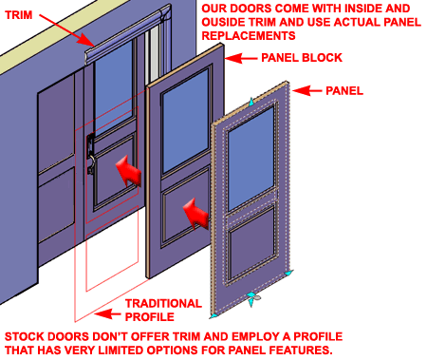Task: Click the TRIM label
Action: point(19,15)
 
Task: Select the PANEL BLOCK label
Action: point(302,58)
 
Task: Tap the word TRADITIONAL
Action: point(163,303)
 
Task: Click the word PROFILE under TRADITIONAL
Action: point(150,316)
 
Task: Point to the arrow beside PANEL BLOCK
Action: point(240,58)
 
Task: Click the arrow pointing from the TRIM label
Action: point(67,30)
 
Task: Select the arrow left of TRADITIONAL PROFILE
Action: point(107,314)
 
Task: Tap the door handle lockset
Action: point(90,153)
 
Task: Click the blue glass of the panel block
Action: point(185,121)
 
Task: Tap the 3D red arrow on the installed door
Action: point(128,171)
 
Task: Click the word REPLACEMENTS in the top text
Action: point(249,35)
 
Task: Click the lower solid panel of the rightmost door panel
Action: point(251,244)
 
